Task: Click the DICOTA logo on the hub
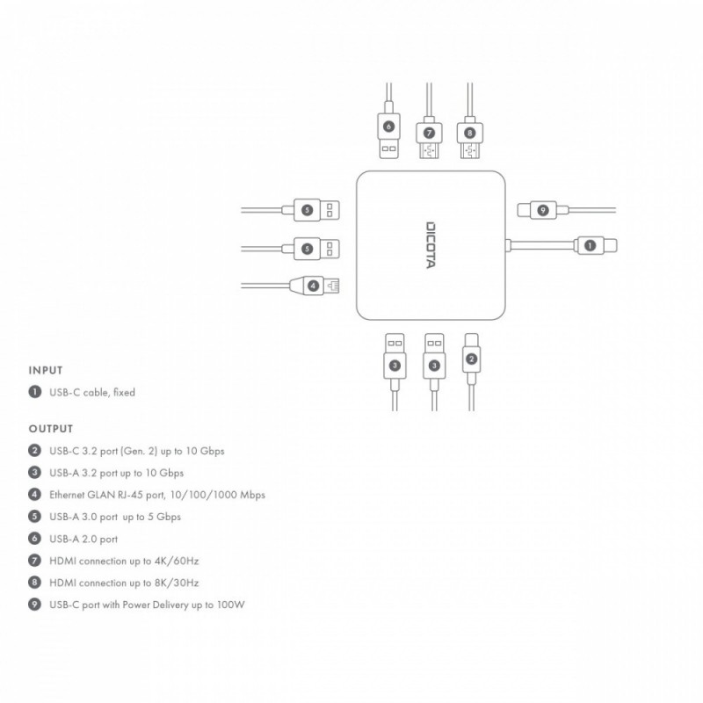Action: pos(431,245)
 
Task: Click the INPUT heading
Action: pos(46,371)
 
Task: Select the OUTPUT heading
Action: pos(51,429)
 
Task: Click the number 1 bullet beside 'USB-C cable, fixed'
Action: pos(35,392)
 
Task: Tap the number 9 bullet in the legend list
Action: pos(35,605)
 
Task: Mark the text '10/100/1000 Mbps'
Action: pos(223,495)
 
